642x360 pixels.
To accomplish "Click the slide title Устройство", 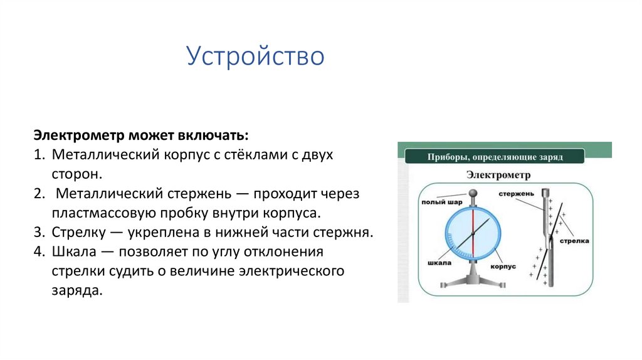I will point(255,56).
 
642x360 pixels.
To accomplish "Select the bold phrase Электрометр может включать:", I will point(141,136).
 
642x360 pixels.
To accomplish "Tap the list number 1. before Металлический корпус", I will point(39,154).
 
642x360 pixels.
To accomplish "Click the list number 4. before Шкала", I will point(39,252).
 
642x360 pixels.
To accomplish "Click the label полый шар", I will point(434,202).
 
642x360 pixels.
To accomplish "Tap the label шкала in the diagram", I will point(439,263).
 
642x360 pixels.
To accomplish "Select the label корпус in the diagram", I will point(503,266).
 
